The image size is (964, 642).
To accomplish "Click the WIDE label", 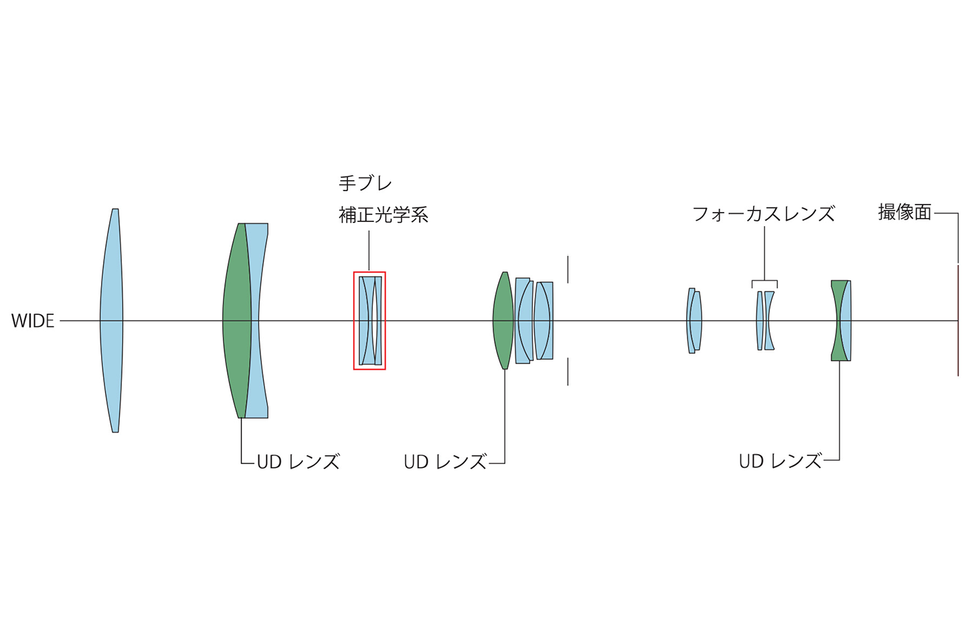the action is coord(33,321).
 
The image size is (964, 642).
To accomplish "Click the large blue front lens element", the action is coord(111,321).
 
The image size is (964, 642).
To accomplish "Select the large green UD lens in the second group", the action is coord(237,321).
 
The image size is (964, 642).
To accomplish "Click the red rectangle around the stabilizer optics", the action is coord(353,321).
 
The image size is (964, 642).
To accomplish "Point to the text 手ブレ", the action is coord(366,183).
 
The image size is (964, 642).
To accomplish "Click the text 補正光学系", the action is coord(384,215).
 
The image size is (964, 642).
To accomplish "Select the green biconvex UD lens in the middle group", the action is coord(503,321).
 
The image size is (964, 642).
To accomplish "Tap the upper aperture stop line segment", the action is coord(568,270).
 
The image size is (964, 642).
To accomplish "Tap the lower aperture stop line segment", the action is coord(568,372).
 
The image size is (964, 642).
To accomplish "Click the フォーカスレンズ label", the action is coord(763,214).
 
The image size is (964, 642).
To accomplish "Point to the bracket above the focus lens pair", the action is coord(765,281).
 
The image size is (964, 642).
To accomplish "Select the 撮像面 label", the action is coord(904,213).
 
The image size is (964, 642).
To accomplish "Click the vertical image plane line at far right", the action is coord(958,321).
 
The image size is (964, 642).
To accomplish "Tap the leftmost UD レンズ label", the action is coord(299,462).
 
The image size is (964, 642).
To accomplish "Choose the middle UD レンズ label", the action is coord(445,462).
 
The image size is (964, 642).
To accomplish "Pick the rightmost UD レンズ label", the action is coord(781,461).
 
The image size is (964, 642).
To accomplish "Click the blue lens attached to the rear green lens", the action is coord(846,321).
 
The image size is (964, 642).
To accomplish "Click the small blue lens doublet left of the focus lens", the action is coord(694,321).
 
